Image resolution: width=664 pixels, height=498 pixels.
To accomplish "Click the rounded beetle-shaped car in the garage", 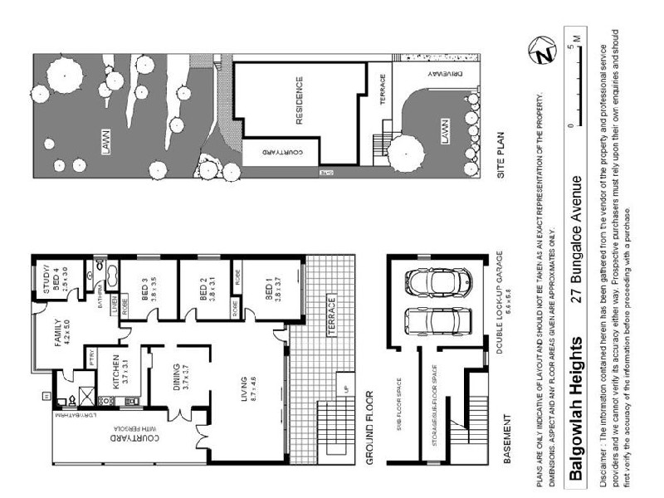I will pos(430,282).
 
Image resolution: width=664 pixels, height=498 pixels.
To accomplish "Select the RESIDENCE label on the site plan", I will pos(299,101).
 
